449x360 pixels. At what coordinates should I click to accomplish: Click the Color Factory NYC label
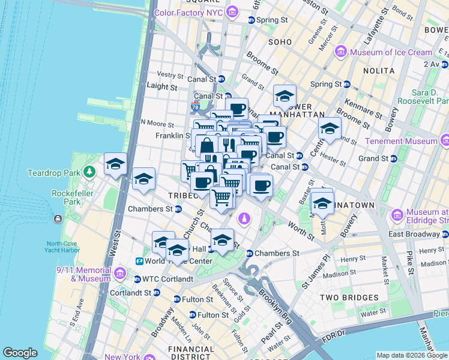[189, 12]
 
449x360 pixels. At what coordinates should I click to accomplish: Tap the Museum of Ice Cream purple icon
[342, 52]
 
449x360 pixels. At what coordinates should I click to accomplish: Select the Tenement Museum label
[407, 141]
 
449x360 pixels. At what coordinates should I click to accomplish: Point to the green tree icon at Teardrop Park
[89, 172]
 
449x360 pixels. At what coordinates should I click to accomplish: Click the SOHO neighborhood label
[280, 42]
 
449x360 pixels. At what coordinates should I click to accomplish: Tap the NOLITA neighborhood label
[378, 71]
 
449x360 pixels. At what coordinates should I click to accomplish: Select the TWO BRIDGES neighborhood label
[349, 298]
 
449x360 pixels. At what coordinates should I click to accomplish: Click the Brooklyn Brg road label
[276, 307]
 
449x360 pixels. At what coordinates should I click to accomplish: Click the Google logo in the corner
[20, 353]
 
